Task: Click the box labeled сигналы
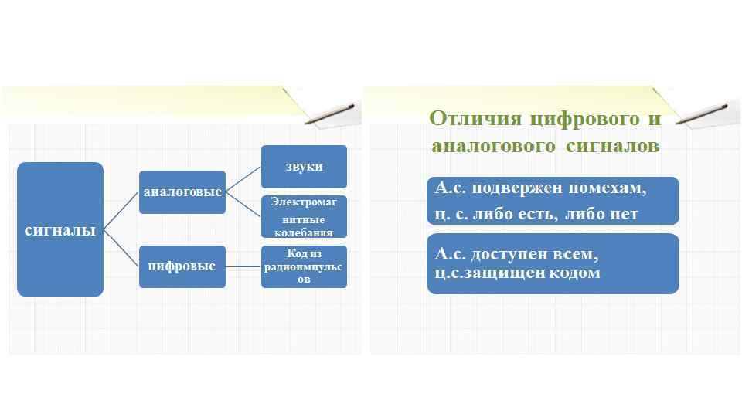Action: pyautogui.click(x=60, y=229)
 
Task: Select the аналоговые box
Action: pyautogui.click(x=182, y=192)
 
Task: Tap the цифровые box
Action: pyautogui.click(x=182, y=266)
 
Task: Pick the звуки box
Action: pyautogui.click(x=304, y=166)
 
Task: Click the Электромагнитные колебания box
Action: pyautogui.click(x=304, y=217)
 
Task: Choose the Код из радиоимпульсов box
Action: pyautogui.click(x=304, y=266)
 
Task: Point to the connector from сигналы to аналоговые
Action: pyautogui.click(x=121, y=210)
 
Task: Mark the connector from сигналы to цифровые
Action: pyautogui.click(x=121, y=248)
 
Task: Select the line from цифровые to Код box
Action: pyautogui.click(x=243, y=267)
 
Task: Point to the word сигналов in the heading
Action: pyautogui.click(x=612, y=146)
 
